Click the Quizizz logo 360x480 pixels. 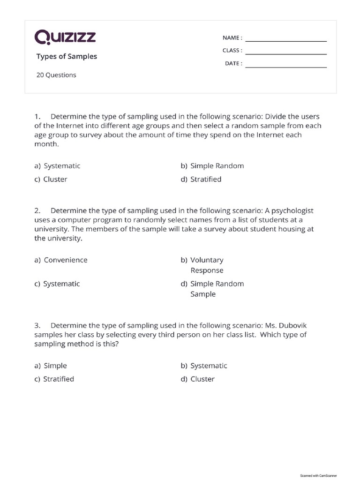(x=65, y=37)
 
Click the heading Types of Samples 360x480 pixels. (x=67, y=57)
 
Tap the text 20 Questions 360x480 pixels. (x=56, y=75)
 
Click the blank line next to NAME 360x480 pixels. (x=286, y=39)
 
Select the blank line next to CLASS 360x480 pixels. (x=286, y=52)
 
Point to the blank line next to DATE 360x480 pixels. (x=286, y=66)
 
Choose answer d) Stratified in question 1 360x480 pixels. (x=201, y=179)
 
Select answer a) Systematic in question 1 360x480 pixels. (x=57, y=166)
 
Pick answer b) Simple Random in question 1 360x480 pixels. (x=212, y=166)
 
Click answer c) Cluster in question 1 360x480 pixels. (x=51, y=179)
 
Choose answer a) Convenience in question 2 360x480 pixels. (x=61, y=260)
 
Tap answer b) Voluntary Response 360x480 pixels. (x=202, y=265)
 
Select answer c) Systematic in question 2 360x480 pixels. (x=57, y=284)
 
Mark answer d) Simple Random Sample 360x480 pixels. (x=212, y=289)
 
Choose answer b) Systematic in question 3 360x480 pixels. (x=204, y=366)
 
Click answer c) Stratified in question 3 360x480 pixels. (x=54, y=379)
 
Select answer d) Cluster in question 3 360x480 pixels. (x=197, y=379)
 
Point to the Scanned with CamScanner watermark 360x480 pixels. (x=318, y=475)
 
